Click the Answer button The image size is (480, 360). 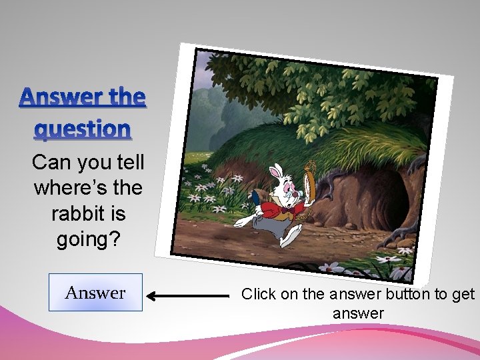[x=95, y=292]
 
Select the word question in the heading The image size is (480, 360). [x=83, y=128]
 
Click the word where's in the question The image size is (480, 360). [x=67, y=188]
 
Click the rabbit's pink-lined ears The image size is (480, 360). [x=275, y=173]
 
